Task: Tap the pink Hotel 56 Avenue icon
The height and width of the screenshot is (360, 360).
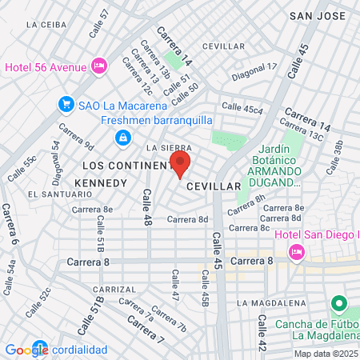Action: coord(99,66)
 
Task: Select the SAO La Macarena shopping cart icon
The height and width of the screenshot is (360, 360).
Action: coord(66,104)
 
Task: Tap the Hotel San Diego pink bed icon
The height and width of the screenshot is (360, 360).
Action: coord(296,252)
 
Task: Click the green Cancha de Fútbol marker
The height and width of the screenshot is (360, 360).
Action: coord(338,305)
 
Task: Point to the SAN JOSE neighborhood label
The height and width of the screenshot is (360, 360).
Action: coord(318,15)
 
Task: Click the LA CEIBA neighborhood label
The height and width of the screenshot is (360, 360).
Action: coord(46,25)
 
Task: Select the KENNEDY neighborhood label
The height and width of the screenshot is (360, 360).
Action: coord(100,183)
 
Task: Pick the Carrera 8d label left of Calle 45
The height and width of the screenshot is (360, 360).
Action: coord(187,219)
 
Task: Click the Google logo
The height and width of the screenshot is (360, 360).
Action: coord(26,350)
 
